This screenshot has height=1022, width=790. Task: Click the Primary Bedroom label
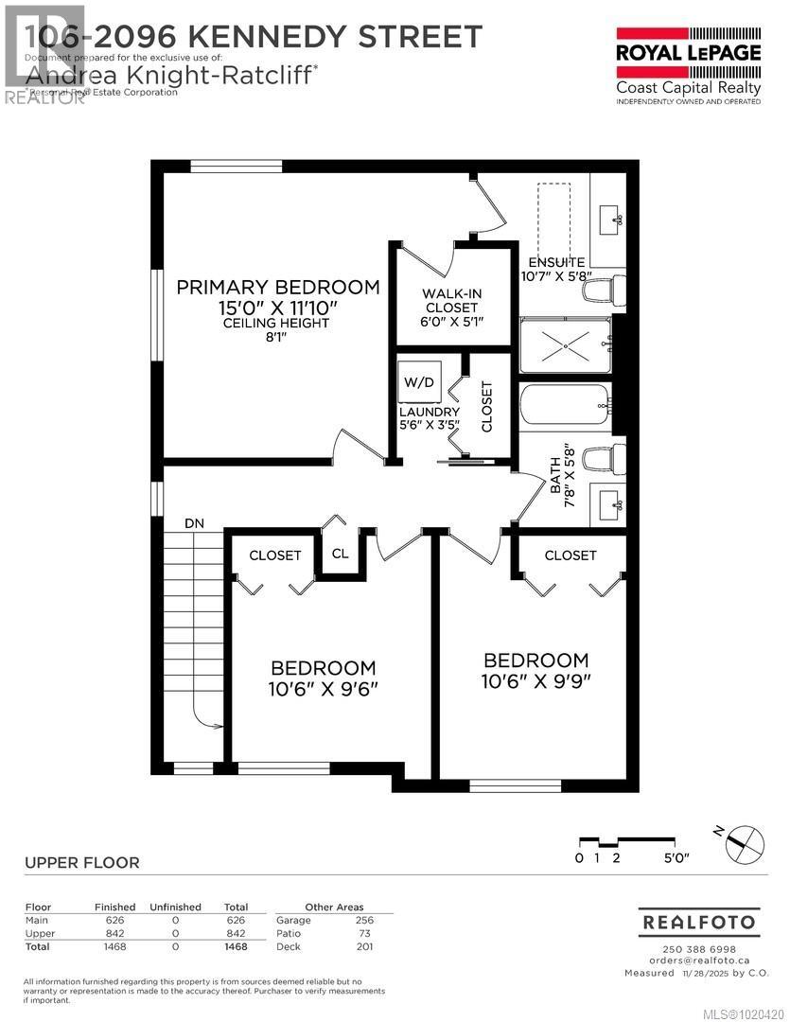coord(278,287)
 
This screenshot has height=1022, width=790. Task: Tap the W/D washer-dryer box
coord(416,383)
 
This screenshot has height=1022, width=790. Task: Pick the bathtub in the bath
coord(566,407)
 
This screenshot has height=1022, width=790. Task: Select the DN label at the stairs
coord(194,522)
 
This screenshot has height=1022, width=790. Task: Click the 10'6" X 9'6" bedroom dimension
coord(323,690)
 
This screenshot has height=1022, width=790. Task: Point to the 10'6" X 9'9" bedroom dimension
coord(535,681)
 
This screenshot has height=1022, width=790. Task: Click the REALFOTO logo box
coord(698,921)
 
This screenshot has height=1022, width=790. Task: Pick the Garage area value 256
coord(364,920)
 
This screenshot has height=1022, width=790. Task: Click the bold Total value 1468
coord(235,946)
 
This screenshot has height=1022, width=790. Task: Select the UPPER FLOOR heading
coord(81,862)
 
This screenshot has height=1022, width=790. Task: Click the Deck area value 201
coord(364,946)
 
